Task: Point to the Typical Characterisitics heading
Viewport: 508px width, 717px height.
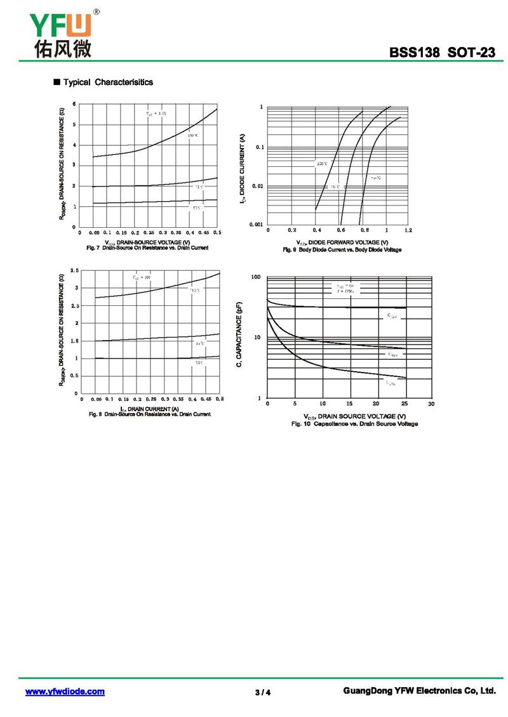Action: click(x=107, y=82)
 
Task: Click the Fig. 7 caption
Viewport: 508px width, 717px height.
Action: click(x=147, y=247)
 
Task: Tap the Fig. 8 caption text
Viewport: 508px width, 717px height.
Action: click(x=149, y=414)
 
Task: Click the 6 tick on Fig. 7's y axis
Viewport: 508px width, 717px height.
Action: click(x=74, y=103)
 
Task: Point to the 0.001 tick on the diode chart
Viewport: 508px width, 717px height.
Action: click(x=256, y=224)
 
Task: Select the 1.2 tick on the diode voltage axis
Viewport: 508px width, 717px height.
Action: click(x=408, y=230)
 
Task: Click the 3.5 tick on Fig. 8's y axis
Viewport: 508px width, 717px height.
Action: click(x=74, y=271)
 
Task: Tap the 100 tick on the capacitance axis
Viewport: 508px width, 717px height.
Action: click(x=256, y=277)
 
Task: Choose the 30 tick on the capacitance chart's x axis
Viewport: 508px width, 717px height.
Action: click(x=431, y=404)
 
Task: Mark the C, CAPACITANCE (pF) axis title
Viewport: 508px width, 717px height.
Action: click(x=240, y=337)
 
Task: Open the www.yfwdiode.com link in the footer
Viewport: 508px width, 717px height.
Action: click(x=65, y=692)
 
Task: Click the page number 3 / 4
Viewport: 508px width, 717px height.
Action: click(x=263, y=692)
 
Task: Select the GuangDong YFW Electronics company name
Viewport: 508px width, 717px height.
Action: click(x=418, y=691)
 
